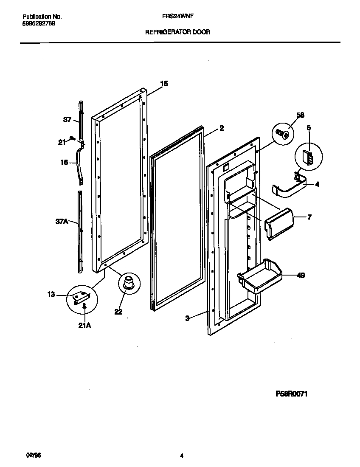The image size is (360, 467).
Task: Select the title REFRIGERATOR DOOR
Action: point(178,32)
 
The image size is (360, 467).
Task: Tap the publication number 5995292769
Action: point(38,23)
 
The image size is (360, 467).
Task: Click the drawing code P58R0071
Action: point(291,394)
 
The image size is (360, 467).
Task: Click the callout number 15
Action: point(164,84)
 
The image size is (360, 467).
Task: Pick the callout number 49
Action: point(301,276)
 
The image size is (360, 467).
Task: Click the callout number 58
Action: point(301,115)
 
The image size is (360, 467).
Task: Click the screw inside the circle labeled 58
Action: point(281,134)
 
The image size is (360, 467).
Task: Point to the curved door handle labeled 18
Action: point(79,163)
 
